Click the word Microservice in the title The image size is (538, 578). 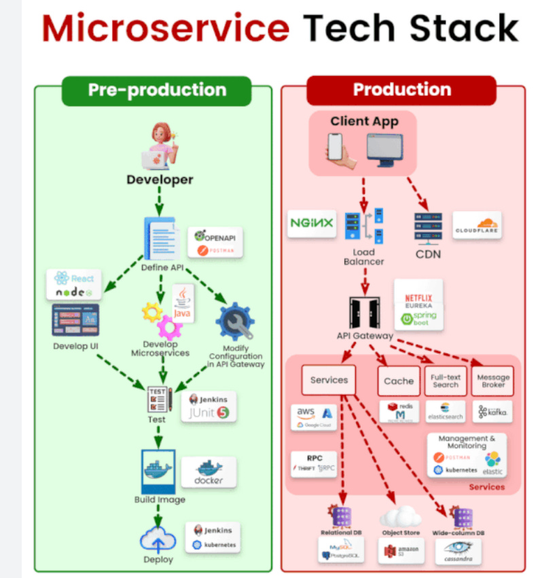click(x=166, y=28)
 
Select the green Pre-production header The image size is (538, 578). click(x=157, y=90)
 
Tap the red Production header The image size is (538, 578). click(x=401, y=90)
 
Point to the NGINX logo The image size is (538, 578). click(x=312, y=223)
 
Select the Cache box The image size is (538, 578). click(x=399, y=381)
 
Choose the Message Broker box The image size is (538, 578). click(x=493, y=381)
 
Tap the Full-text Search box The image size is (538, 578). click(x=446, y=381)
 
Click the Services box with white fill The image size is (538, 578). click(x=329, y=380)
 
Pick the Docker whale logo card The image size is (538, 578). click(x=209, y=472)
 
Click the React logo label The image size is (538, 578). click(x=75, y=277)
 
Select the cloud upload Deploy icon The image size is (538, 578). click(x=158, y=539)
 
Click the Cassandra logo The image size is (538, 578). click(x=459, y=551)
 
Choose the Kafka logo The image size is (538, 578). click(x=493, y=412)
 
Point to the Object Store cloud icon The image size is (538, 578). click(x=400, y=517)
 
